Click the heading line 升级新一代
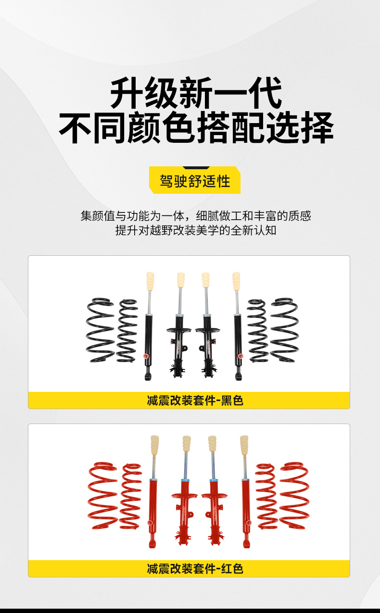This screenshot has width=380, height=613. pos(196,95)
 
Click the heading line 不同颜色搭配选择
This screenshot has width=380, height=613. pos(196,128)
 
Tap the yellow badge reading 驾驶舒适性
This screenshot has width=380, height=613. pos(195,181)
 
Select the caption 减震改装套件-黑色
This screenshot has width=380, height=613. pos(195,400)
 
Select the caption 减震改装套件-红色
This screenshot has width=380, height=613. pos(195,569)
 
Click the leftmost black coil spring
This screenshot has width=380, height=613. pos(101,330)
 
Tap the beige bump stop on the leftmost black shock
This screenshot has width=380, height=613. pos(150,282)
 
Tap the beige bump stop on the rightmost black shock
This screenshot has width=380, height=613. pos(236,282)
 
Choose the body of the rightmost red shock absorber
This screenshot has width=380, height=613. pos(247,505)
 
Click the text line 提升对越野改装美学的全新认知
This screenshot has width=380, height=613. pos(196,230)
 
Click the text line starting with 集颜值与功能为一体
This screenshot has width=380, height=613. pos(196,216)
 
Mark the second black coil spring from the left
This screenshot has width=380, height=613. pos(127,331)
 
